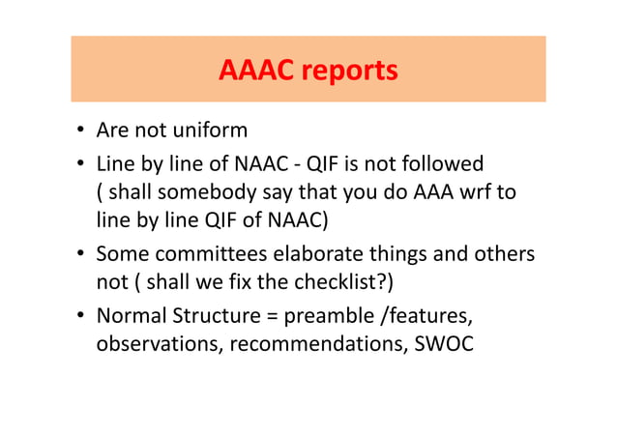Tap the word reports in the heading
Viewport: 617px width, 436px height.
point(351,72)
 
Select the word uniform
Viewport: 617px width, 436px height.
point(214,131)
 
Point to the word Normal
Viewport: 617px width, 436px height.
point(132,316)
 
